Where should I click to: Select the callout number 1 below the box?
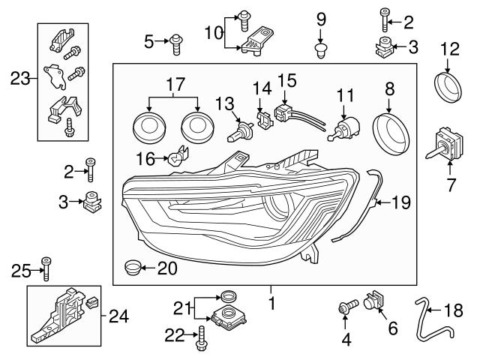click(x=272, y=304)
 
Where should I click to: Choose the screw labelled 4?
click(x=345, y=307)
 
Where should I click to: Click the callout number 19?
click(x=403, y=201)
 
